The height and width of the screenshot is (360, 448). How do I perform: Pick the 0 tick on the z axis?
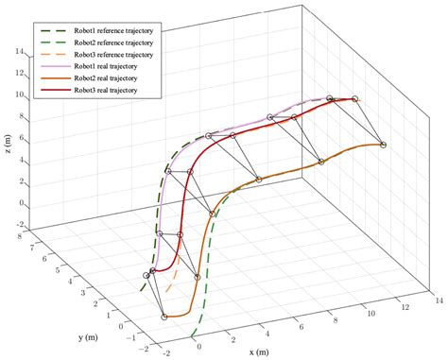pyautogui.click(x=18, y=202)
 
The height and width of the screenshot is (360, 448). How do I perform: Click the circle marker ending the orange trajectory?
pyautogui.click(x=383, y=145)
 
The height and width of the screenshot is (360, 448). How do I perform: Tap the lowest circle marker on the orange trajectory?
pyautogui.click(x=164, y=317)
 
